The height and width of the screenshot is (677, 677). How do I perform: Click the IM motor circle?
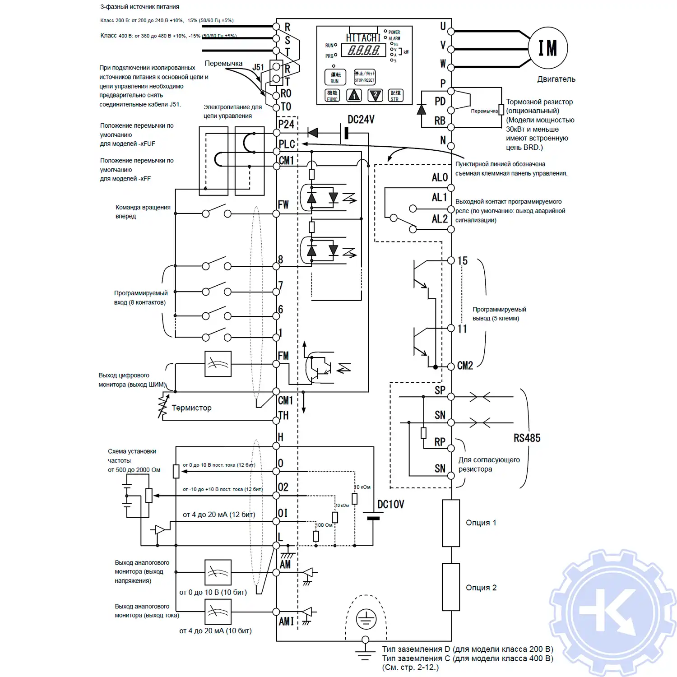coord(547,48)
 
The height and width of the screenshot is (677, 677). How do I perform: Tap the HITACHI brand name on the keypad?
coord(363,38)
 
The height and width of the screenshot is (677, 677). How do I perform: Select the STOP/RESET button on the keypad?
coord(364,77)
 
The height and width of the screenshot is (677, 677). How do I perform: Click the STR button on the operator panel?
coord(395,96)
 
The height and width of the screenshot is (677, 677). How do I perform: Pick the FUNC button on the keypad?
coord(332,96)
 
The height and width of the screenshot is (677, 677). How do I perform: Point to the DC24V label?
coord(361,120)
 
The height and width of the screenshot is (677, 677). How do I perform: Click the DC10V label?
coord(390,504)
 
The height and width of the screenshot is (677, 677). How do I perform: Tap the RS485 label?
coord(527,438)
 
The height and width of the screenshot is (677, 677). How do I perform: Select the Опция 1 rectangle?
coord(450,523)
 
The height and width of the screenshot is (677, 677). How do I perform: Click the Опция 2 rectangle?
coord(450,587)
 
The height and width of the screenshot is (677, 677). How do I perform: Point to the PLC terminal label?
coord(287,144)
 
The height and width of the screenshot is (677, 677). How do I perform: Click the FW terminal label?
coord(283,204)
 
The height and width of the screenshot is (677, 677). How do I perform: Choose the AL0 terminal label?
coord(439,177)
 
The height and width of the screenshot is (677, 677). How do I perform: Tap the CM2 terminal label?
coord(465,366)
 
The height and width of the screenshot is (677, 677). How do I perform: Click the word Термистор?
coord(191,408)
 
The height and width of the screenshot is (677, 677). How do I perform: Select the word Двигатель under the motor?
coord(556,79)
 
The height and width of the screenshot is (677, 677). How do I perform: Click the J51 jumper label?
coord(258,67)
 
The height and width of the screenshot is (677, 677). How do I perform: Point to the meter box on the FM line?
coord(218,364)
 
